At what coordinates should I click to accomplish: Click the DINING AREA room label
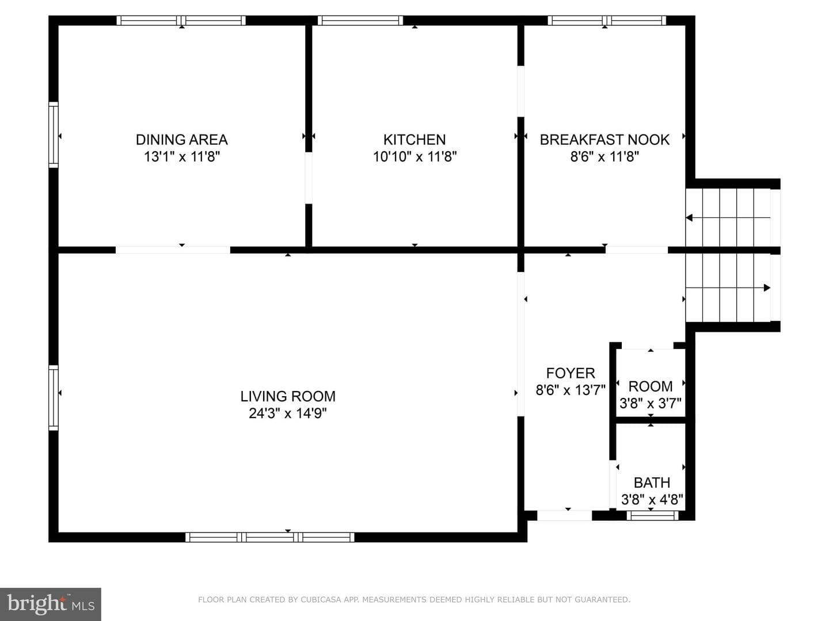coord(182,140)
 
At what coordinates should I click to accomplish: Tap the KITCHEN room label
coord(414,140)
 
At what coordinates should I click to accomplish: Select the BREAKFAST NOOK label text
coord(604,140)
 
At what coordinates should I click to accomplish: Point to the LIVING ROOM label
coord(288,396)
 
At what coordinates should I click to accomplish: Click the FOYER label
coord(571,373)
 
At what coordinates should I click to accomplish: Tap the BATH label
coord(652,482)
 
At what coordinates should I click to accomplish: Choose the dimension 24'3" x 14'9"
coord(288,413)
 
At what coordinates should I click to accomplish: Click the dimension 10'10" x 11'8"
coord(414,156)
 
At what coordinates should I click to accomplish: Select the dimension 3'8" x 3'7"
coord(651,404)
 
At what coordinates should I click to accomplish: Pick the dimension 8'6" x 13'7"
coord(571,390)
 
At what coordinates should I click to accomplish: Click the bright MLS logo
coord(51,604)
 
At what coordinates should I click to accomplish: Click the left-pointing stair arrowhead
coord(689,217)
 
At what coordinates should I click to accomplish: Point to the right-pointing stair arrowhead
coord(767,287)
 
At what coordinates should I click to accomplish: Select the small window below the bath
coord(652,515)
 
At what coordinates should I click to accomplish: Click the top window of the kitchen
coord(360,20)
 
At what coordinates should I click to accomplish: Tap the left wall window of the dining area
coord(54,135)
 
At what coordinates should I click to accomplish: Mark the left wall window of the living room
coord(54,398)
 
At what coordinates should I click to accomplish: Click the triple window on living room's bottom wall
coord(269,537)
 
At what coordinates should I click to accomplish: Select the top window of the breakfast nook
coord(607,20)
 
